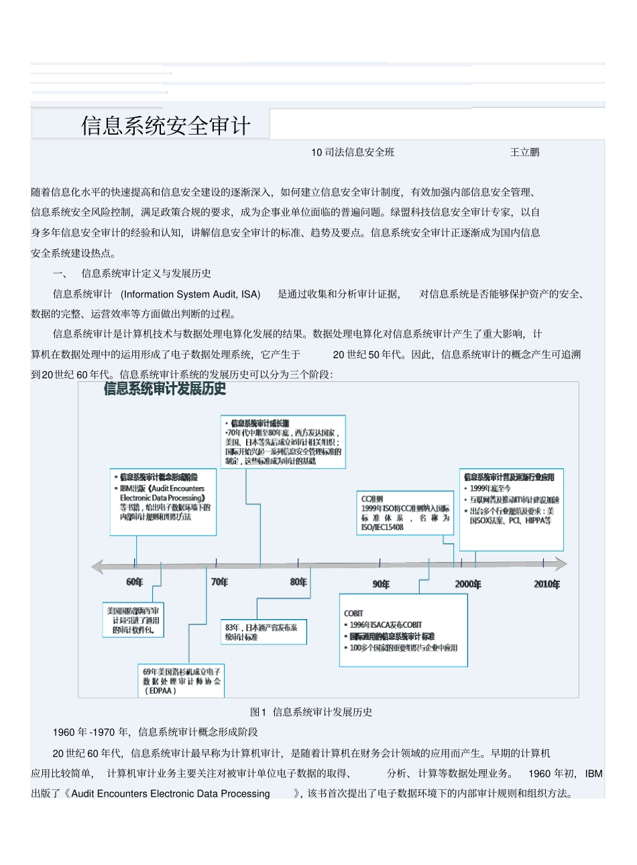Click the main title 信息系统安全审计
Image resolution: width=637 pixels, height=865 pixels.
tap(166, 125)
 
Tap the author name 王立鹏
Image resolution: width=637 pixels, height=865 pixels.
tap(524, 152)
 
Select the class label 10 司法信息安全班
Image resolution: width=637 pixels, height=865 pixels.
tap(353, 152)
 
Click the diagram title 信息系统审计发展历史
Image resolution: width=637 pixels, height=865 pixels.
tap(165, 389)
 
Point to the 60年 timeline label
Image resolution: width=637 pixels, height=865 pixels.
tap(135, 582)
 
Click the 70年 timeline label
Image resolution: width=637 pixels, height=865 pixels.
tap(219, 582)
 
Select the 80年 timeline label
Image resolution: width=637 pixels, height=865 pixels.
tap(298, 582)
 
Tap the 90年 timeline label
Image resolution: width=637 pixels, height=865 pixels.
tap(380, 584)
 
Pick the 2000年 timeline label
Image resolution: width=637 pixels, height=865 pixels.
tap(468, 584)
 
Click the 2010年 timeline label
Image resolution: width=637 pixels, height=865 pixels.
tap(546, 584)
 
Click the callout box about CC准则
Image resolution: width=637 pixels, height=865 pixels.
tap(405, 513)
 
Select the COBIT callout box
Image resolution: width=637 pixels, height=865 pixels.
tap(403, 630)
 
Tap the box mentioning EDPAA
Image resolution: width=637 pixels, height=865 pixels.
tap(181, 680)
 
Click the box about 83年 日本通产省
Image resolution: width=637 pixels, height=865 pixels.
tap(264, 632)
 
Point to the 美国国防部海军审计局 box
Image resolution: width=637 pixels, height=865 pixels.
tap(133, 620)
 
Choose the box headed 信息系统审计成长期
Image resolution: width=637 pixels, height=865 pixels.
tap(283, 442)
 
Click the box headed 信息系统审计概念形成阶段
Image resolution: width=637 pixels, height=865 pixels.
tap(163, 502)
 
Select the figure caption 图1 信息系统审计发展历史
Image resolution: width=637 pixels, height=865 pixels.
tap(311, 712)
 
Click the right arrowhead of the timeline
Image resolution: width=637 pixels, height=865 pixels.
tap(560, 565)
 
